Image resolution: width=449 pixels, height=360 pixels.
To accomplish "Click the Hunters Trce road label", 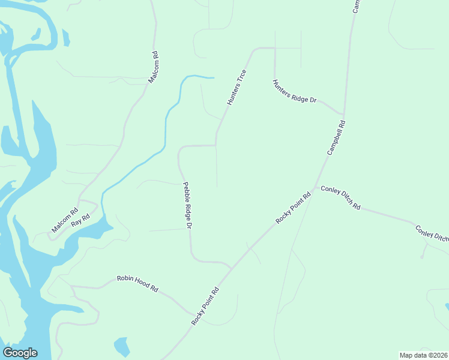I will tap(237, 88).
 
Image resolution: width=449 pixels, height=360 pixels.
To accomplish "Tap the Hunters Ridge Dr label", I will tap(294, 92).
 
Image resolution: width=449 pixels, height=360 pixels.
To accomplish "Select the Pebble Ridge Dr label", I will tap(187, 206).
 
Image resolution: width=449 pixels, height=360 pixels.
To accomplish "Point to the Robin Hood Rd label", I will tap(137, 283).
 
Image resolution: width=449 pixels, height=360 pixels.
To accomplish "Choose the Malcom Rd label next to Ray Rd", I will tap(65, 220).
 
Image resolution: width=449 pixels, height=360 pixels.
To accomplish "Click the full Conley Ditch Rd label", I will tap(340, 197).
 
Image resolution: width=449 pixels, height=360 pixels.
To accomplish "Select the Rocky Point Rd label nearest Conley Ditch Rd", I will tap(294, 208).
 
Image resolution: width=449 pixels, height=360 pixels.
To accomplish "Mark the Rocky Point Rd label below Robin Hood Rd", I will tap(205, 306).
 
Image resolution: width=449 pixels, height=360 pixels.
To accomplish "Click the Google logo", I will tap(20, 353).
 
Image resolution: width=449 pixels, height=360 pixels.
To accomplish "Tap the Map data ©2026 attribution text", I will tap(423, 355).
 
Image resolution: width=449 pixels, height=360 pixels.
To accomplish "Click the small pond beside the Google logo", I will tap(122, 346).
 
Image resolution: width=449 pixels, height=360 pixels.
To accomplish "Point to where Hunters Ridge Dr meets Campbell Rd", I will tap(343, 113).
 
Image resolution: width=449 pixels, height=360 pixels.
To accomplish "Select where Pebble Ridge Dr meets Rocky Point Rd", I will tap(231, 268).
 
